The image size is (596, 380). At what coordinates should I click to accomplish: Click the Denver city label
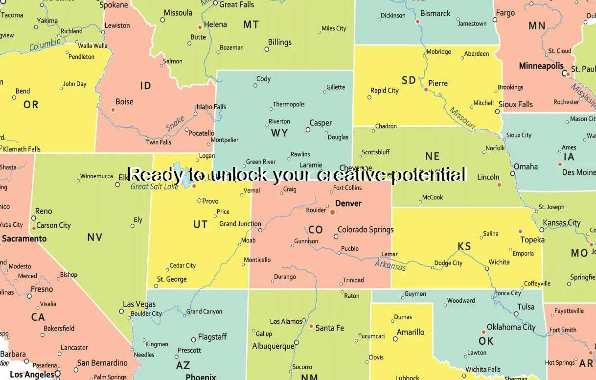tap(348, 203)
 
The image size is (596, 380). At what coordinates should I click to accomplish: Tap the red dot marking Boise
tap(113, 110)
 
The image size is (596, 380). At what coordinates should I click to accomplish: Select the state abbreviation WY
tap(279, 133)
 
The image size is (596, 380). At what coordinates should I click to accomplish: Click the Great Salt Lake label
tap(154, 187)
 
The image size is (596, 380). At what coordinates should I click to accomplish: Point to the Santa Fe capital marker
tap(311, 326)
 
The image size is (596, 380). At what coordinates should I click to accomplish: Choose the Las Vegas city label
tap(139, 304)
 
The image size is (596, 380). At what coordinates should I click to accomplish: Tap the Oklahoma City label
tap(511, 327)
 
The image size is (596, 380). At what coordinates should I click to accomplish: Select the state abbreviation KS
tap(464, 246)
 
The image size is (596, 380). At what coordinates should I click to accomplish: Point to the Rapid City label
tap(384, 90)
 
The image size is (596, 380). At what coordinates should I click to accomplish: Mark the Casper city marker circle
tap(308, 130)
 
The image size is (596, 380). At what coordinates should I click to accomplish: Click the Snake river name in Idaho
tap(175, 123)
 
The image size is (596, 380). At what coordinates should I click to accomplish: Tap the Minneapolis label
tap(541, 66)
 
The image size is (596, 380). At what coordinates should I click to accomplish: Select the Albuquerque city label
tap(273, 346)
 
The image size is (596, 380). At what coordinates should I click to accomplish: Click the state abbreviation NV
tap(95, 237)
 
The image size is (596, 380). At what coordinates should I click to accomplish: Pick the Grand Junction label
tap(240, 224)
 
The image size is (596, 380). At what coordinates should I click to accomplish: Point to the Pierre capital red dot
tap(426, 90)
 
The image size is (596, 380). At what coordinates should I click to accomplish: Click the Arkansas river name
tap(390, 265)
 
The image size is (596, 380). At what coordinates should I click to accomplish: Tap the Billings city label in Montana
tap(279, 42)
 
